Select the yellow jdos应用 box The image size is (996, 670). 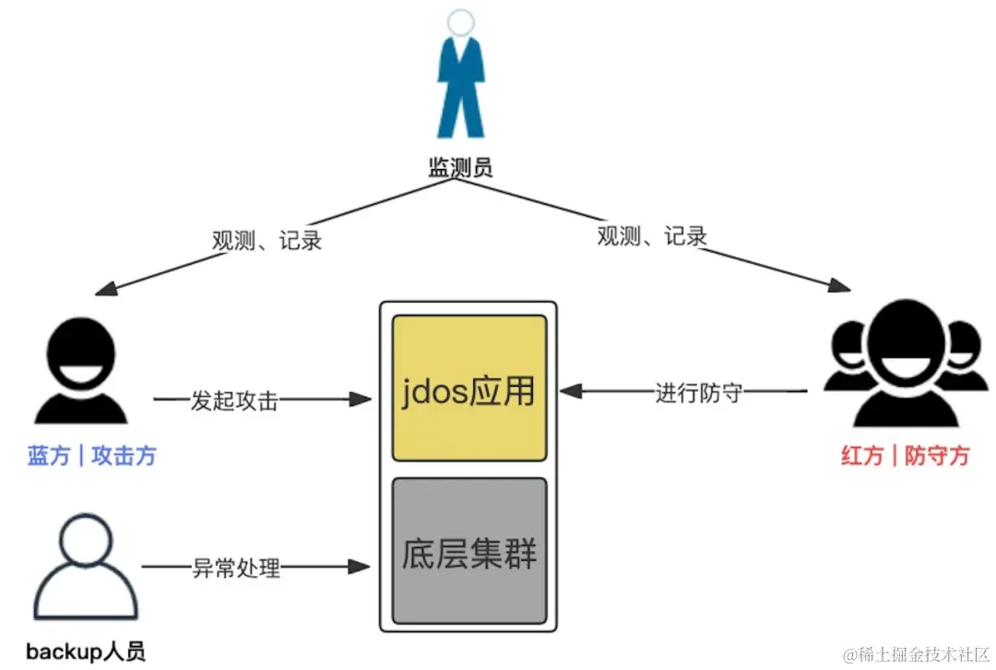tap(469, 389)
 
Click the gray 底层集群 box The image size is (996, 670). tap(469, 551)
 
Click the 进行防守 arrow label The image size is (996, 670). tap(698, 393)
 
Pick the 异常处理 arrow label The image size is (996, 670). tap(235, 567)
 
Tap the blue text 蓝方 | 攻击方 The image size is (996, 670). tap(91, 456)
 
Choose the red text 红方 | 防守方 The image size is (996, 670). tap(905, 455)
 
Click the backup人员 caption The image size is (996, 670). tap(86, 652)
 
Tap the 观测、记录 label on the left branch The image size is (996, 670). tap(267, 241)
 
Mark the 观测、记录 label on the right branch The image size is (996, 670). tap(652, 235)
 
